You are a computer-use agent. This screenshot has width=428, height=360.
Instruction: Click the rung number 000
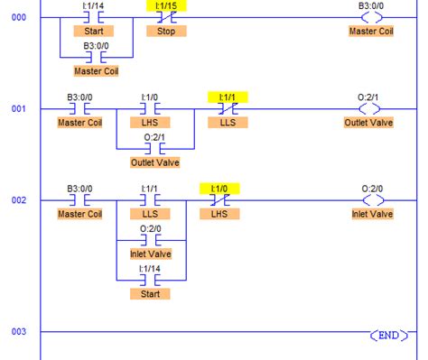click(x=19, y=17)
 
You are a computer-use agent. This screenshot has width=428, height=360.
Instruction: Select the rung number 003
click(x=19, y=332)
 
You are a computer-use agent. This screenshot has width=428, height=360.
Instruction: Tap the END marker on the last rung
click(x=387, y=335)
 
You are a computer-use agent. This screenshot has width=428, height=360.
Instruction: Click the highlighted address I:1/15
click(x=166, y=5)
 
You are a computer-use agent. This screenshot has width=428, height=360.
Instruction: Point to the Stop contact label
click(x=166, y=31)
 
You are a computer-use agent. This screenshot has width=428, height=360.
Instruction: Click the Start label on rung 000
click(x=92, y=31)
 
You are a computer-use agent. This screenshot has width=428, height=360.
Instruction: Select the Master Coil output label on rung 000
click(x=372, y=31)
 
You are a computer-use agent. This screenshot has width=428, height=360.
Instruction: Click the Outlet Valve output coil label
click(x=368, y=123)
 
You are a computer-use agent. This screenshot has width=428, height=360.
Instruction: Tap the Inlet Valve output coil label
click(x=372, y=214)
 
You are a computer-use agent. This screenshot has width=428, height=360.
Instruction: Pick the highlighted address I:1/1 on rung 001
click(x=228, y=97)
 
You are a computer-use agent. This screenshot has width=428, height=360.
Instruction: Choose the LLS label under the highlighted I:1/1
click(x=228, y=123)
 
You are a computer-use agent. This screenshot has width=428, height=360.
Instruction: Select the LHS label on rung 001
click(x=150, y=123)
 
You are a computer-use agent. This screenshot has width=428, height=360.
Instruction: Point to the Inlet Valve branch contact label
click(x=150, y=254)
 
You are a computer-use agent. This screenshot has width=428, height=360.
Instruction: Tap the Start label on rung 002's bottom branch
click(x=150, y=293)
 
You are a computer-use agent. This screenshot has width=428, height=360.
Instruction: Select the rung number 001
click(x=19, y=108)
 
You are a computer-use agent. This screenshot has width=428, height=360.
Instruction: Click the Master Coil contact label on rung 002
click(x=79, y=214)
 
